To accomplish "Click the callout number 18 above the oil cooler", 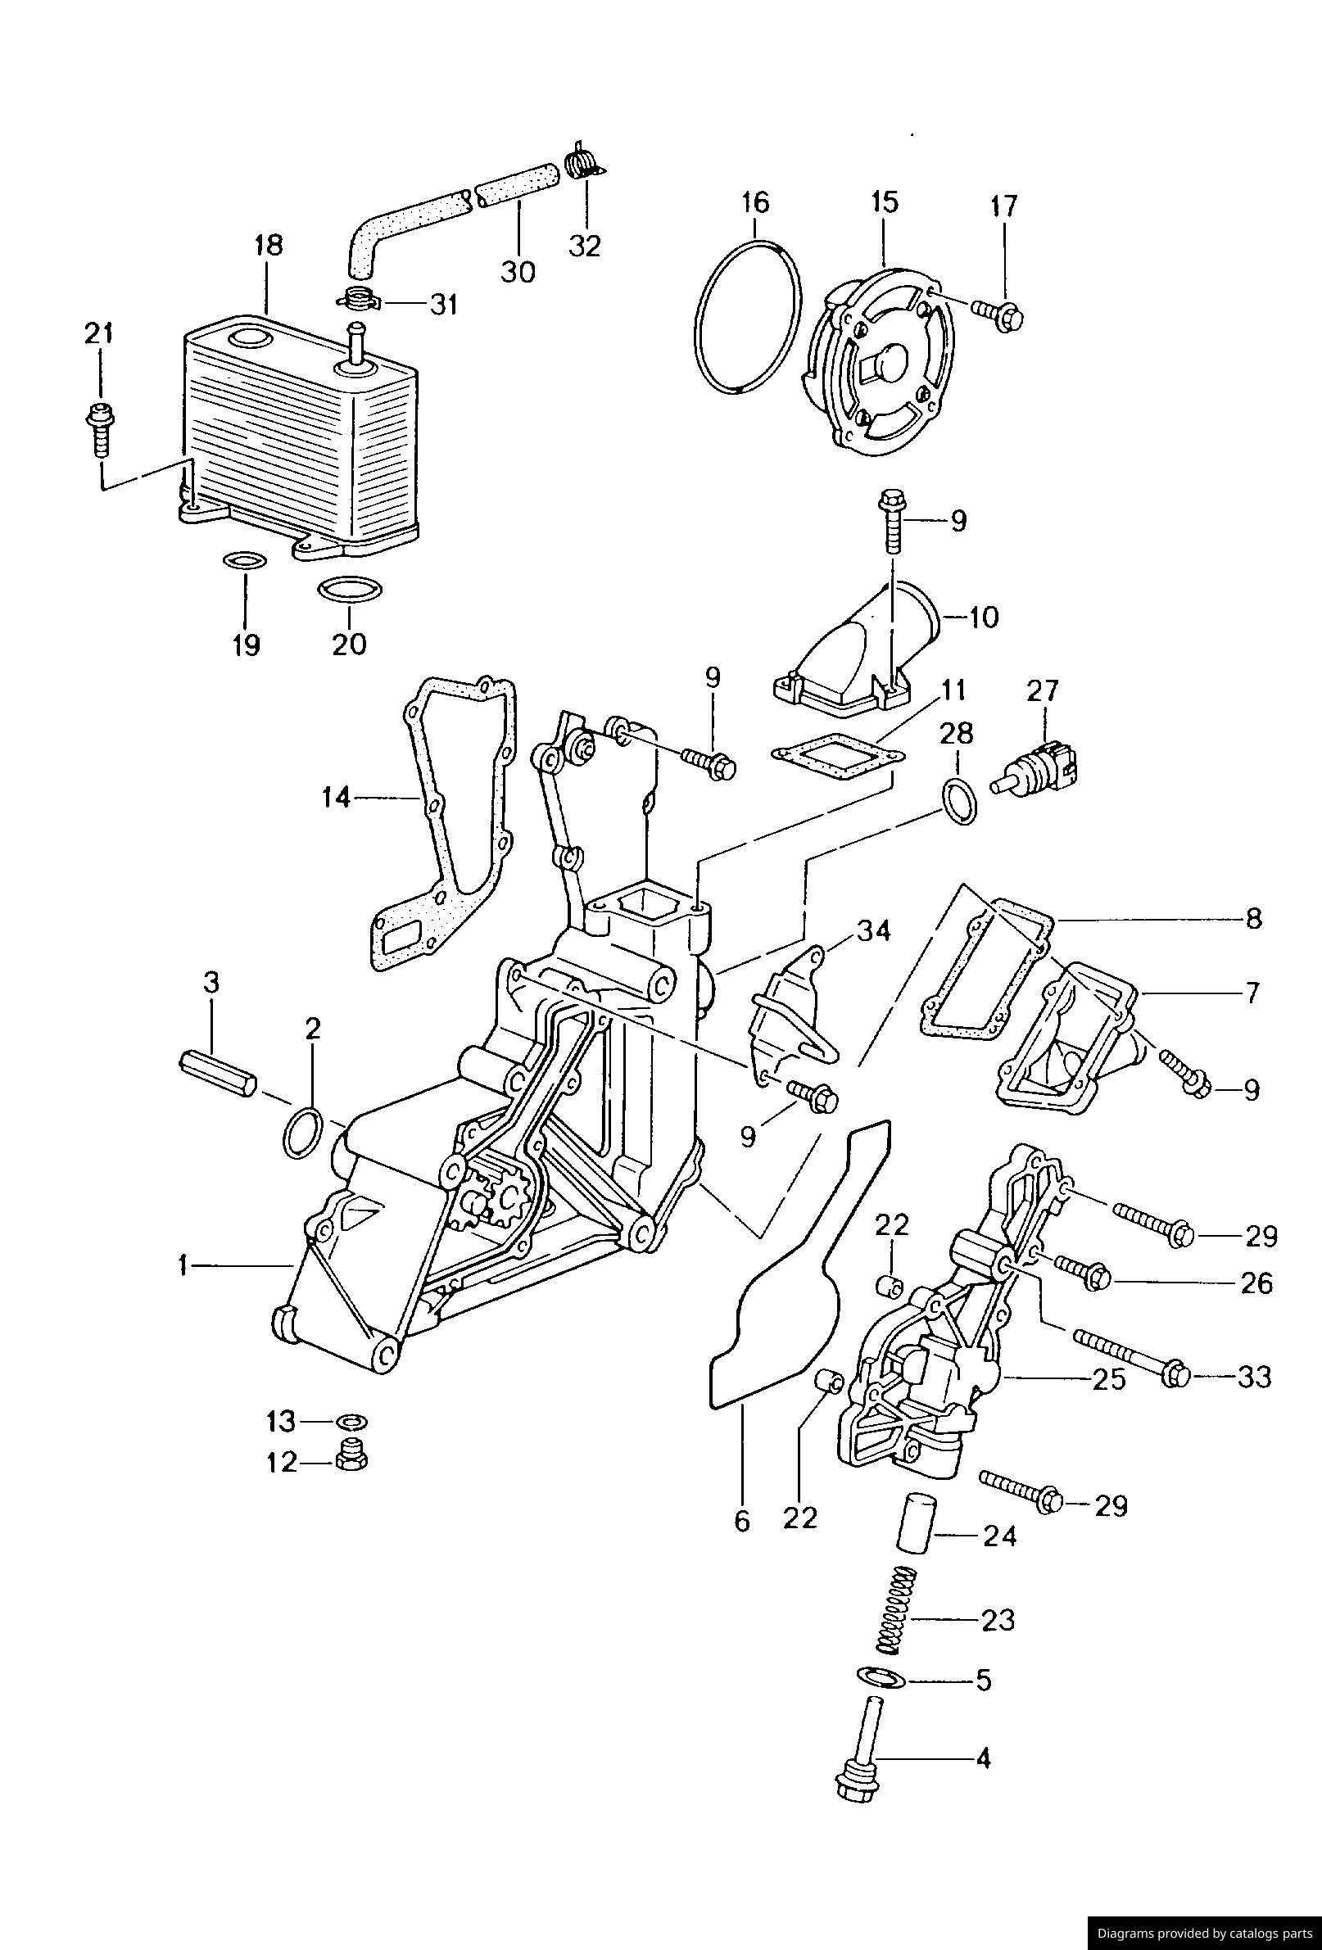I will coord(268,247).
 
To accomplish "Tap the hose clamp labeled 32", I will coord(579,161).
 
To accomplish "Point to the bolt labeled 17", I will coord(998,316).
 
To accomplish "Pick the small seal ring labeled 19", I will coord(244,560).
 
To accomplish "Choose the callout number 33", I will coord(1253,1377).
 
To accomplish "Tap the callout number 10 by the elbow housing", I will coord(982,618).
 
